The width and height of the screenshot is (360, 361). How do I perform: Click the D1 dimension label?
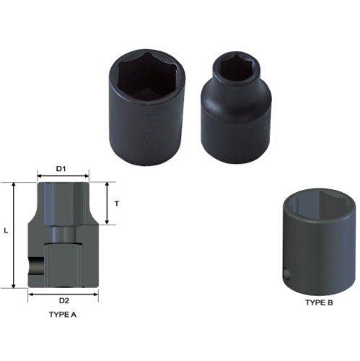(62, 168)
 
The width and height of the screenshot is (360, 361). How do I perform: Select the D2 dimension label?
(63, 300)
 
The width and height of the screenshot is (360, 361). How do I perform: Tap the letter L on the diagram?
(6, 230)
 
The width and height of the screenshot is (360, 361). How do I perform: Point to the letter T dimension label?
(117, 204)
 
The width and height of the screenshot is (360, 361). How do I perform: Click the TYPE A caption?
(63, 316)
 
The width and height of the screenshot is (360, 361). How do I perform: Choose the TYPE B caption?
(318, 303)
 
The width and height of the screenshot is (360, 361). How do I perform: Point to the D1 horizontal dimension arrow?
(62, 176)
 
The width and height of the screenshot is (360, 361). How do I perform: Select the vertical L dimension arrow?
(14, 235)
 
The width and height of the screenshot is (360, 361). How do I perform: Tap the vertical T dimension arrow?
(107, 204)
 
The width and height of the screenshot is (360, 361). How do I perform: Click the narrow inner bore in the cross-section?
(63, 235)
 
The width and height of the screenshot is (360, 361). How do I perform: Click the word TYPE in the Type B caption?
(312, 303)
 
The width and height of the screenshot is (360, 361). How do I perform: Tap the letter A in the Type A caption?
(74, 316)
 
